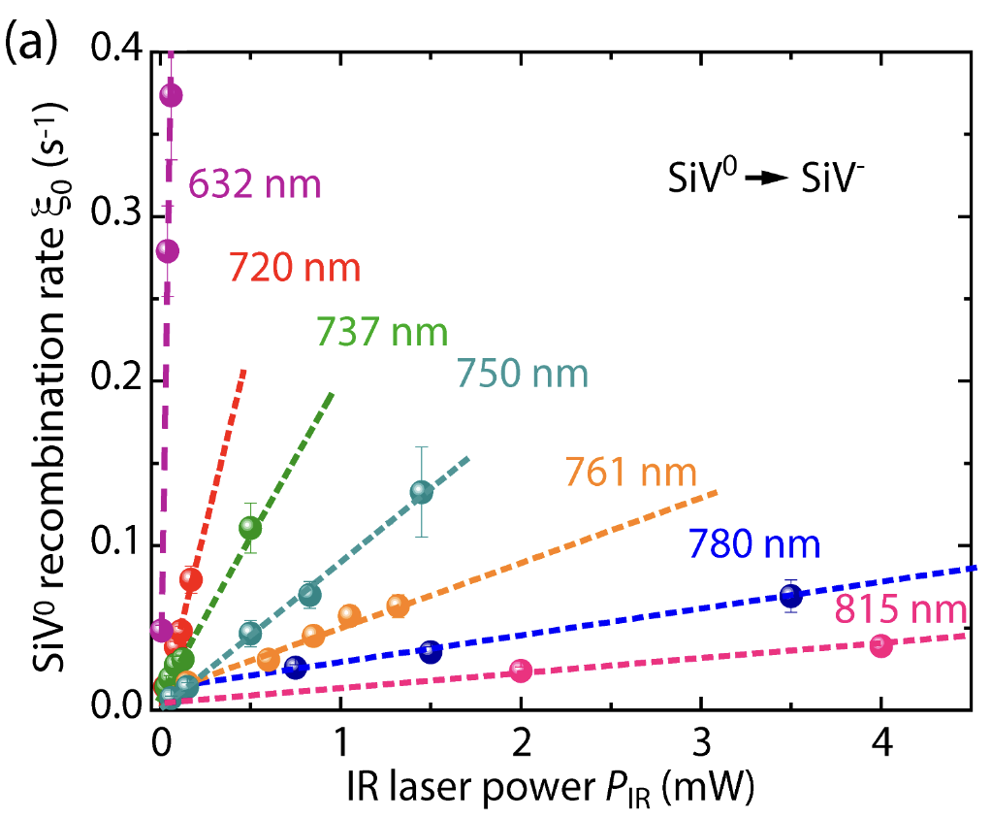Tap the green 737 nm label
[x=381, y=332]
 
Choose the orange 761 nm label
[x=631, y=474]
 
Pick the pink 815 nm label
[x=900, y=610]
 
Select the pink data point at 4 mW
[x=880, y=645]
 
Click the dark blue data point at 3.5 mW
[x=791, y=597]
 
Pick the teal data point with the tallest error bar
[x=421, y=492]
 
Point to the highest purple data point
[x=171, y=95]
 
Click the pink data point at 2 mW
[x=521, y=670]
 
